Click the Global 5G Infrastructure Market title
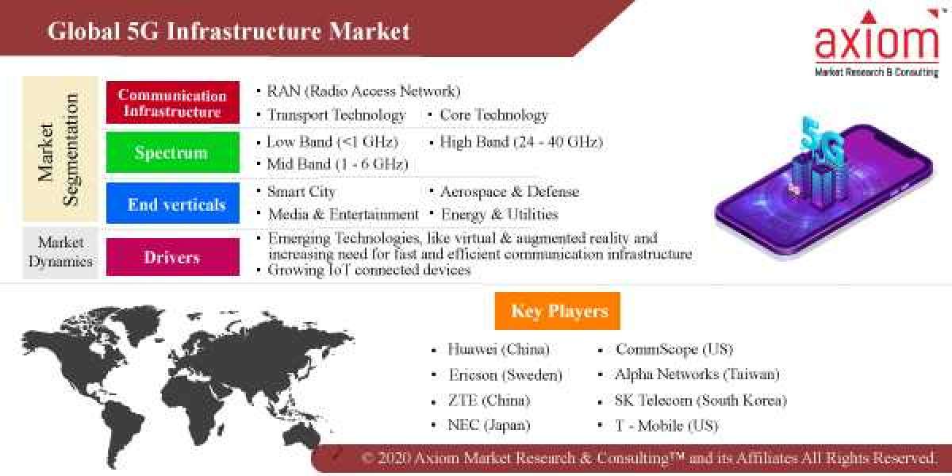[228, 31]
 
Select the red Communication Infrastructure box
[172, 103]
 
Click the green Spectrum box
[172, 152]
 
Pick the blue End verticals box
[172, 204]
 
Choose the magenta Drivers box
[172, 257]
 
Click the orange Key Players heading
[557, 311]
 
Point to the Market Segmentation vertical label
[59, 150]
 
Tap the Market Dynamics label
[60, 252]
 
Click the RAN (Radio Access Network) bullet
[363, 91]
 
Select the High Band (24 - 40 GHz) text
[520, 142]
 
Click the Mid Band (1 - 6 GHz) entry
[337, 164]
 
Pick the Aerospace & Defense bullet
[509, 192]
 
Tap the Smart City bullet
[301, 192]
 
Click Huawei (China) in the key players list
[498, 350]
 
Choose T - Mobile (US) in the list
[666, 426]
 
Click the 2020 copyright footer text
[649, 459]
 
